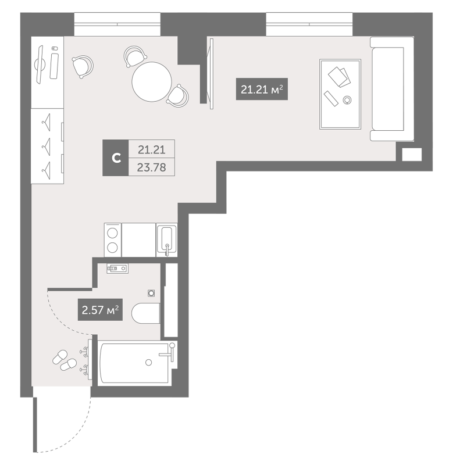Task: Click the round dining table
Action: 152,82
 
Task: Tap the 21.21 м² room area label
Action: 261,90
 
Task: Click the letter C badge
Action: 116,158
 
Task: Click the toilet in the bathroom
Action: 145,314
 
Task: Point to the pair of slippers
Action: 64,360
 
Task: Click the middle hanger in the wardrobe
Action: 47,144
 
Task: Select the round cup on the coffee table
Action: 347,100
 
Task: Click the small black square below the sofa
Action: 411,154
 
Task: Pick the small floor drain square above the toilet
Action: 152,294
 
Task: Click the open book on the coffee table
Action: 338,76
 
